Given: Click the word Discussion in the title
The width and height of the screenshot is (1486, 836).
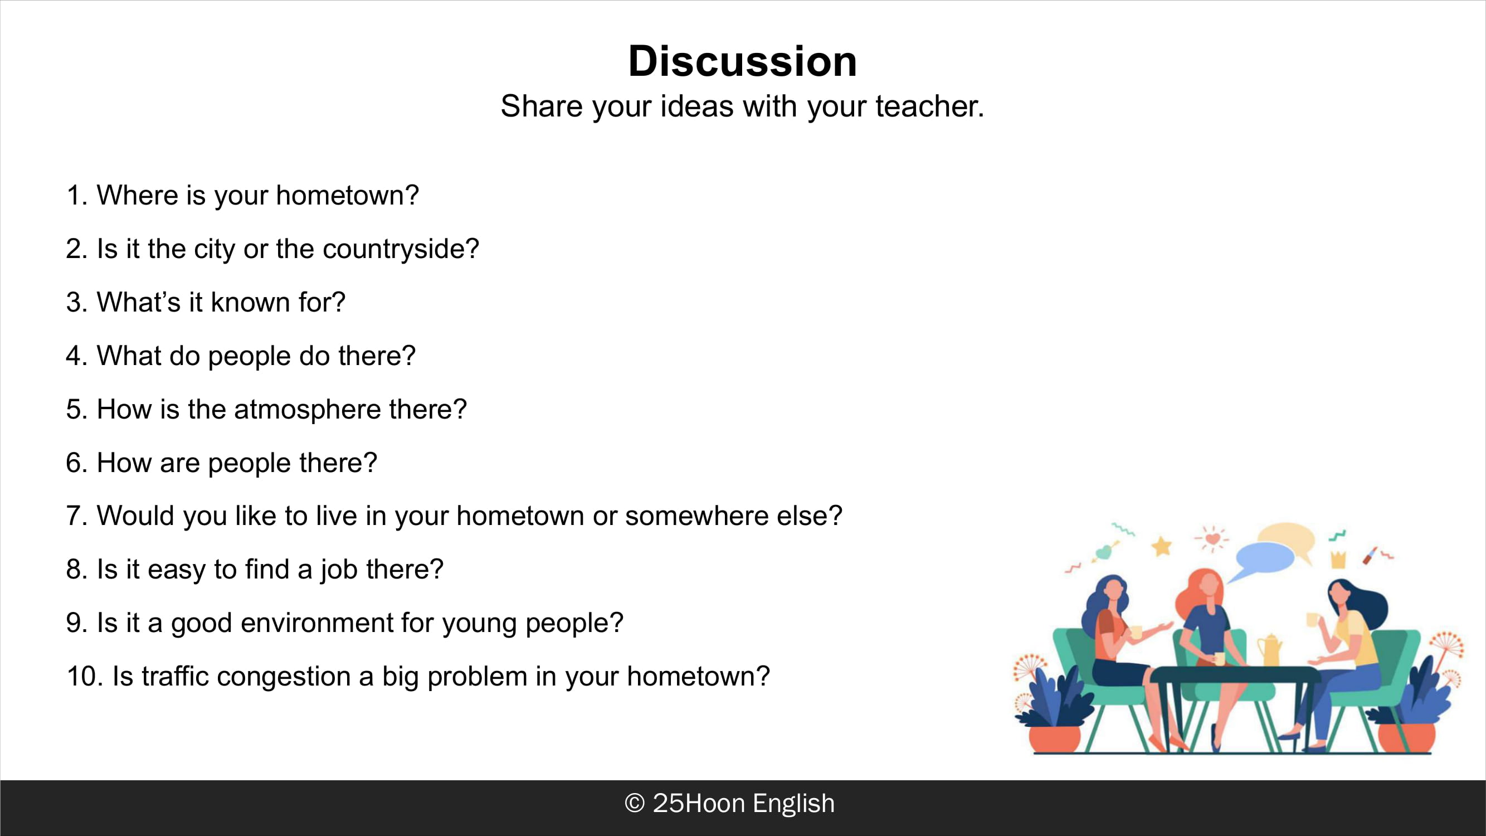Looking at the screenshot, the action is click(x=742, y=61).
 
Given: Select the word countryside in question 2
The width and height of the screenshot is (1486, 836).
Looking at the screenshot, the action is click(x=401, y=249).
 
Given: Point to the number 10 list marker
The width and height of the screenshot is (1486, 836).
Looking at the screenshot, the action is click(x=85, y=676).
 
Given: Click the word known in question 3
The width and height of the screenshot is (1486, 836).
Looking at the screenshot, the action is click(x=250, y=302).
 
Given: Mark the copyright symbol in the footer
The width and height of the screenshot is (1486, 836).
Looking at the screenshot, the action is click(x=635, y=803).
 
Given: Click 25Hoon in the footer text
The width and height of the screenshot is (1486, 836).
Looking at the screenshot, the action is click(x=699, y=803).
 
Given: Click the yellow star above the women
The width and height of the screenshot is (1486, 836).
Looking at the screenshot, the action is click(x=1162, y=545).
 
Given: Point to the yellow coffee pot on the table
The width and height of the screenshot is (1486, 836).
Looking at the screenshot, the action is click(x=1269, y=650).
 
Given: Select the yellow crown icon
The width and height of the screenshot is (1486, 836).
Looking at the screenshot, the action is click(x=1338, y=559).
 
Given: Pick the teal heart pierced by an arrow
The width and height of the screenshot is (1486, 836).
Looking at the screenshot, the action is click(x=1103, y=552).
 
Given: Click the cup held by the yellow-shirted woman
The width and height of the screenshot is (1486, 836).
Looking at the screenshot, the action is click(x=1313, y=620).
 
